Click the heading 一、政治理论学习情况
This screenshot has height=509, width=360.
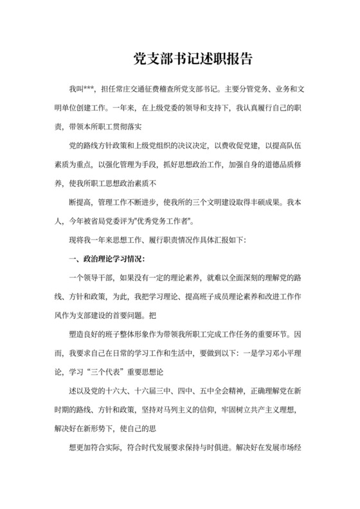[x=105, y=260]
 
